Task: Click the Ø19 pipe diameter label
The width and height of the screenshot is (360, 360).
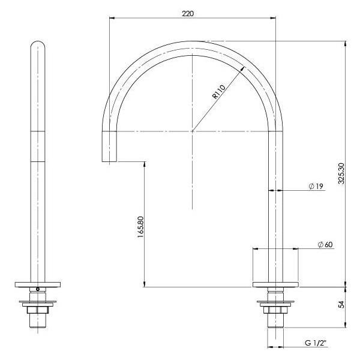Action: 316,187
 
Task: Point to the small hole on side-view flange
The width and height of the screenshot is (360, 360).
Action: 38,289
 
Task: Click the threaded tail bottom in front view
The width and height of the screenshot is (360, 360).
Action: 275,327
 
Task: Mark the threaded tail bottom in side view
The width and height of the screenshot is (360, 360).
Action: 38,327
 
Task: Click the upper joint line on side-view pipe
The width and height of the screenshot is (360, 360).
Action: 38,131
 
